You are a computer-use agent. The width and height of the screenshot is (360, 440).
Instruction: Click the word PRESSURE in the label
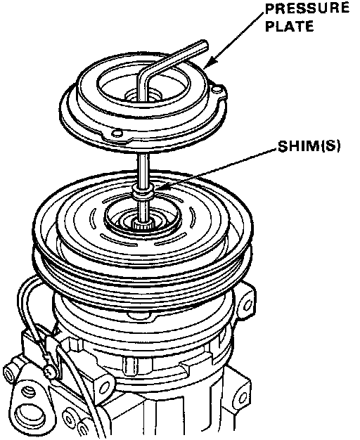click(x=307, y=8)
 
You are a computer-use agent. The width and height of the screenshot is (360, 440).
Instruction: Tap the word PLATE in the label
click(x=290, y=26)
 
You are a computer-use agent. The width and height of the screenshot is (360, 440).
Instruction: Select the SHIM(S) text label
click(x=309, y=146)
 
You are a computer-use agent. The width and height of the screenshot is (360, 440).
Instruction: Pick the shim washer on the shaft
click(x=143, y=193)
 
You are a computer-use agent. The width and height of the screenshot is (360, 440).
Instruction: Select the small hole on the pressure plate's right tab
click(x=217, y=90)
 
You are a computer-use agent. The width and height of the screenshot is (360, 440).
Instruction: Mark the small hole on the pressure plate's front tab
click(x=117, y=132)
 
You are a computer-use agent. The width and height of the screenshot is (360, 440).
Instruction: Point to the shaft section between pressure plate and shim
click(x=143, y=169)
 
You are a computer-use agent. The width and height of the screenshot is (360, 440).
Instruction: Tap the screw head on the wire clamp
click(x=50, y=371)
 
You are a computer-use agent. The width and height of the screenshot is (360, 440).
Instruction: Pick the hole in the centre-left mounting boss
click(x=103, y=389)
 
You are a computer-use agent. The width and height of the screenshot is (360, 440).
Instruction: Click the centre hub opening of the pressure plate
click(x=143, y=96)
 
